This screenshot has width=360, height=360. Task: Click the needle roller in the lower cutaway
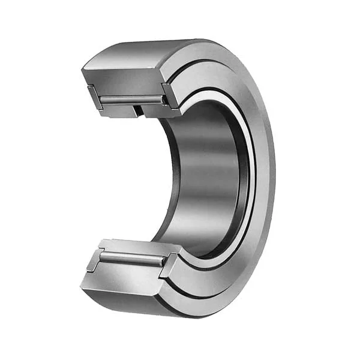[x=130, y=259]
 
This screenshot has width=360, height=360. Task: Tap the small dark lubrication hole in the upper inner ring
[x=138, y=109]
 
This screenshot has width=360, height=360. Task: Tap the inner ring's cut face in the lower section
[x=129, y=245]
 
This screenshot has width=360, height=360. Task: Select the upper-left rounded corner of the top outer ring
[x=87, y=66]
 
